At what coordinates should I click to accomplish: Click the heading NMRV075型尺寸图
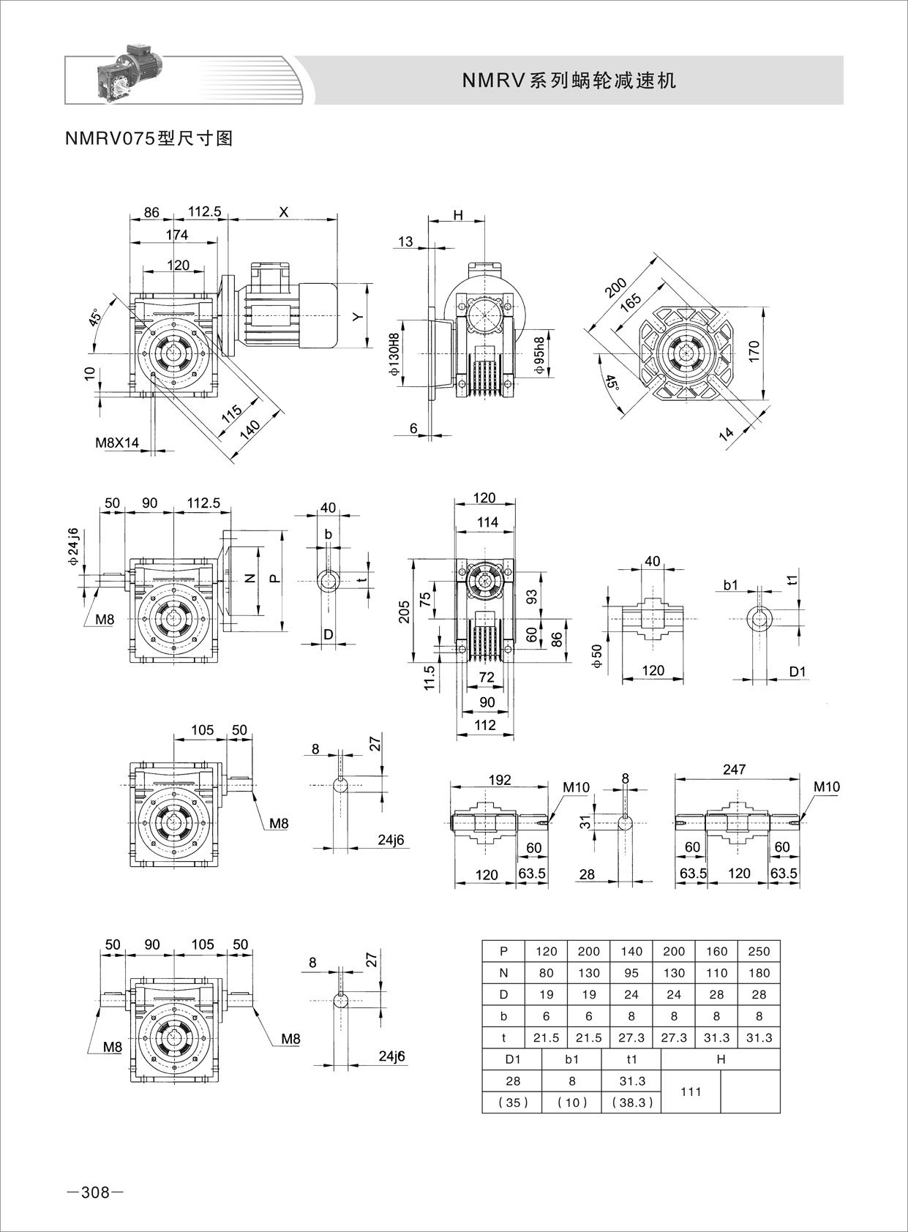pyautogui.click(x=149, y=138)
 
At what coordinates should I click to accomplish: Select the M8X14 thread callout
pyautogui.click(x=116, y=443)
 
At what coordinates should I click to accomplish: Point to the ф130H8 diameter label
pyautogui.click(x=395, y=354)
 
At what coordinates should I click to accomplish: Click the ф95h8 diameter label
pyautogui.click(x=540, y=354)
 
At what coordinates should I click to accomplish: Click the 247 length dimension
pyautogui.click(x=733, y=769)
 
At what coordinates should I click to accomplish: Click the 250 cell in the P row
pyautogui.click(x=759, y=951)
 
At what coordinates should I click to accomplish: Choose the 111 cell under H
pyautogui.click(x=691, y=1092)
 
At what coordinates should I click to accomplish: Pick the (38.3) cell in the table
pyautogui.click(x=631, y=1103)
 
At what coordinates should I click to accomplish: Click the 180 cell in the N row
pyautogui.click(x=759, y=973)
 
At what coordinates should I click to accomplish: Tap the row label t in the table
pyautogui.click(x=503, y=1037)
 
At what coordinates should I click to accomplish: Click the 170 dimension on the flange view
pyautogui.click(x=754, y=351)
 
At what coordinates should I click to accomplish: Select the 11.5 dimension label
pyautogui.click(x=429, y=677)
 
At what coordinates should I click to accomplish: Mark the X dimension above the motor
pyautogui.click(x=284, y=211)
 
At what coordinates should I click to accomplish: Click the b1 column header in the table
pyautogui.click(x=571, y=1059)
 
